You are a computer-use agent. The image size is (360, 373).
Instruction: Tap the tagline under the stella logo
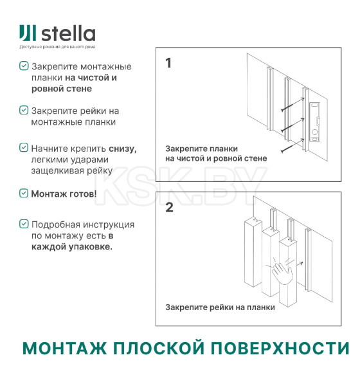tap(57, 48)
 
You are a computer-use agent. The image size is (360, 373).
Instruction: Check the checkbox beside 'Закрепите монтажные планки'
tap(24, 66)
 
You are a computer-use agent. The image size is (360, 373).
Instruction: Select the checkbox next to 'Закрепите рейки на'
tap(24, 110)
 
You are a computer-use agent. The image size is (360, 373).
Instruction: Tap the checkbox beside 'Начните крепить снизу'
tap(24, 148)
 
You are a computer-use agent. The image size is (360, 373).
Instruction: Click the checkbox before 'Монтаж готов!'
tap(24, 192)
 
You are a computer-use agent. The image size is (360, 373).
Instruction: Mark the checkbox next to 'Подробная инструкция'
tap(24, 224)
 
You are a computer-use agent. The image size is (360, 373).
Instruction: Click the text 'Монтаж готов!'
tap(64, 193)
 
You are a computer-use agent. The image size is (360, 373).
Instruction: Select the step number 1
tap(168, 64)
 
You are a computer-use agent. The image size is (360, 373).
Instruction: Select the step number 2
tap(169, 208)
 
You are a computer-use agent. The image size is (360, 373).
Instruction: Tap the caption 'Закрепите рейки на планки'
tap(220, 307)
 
